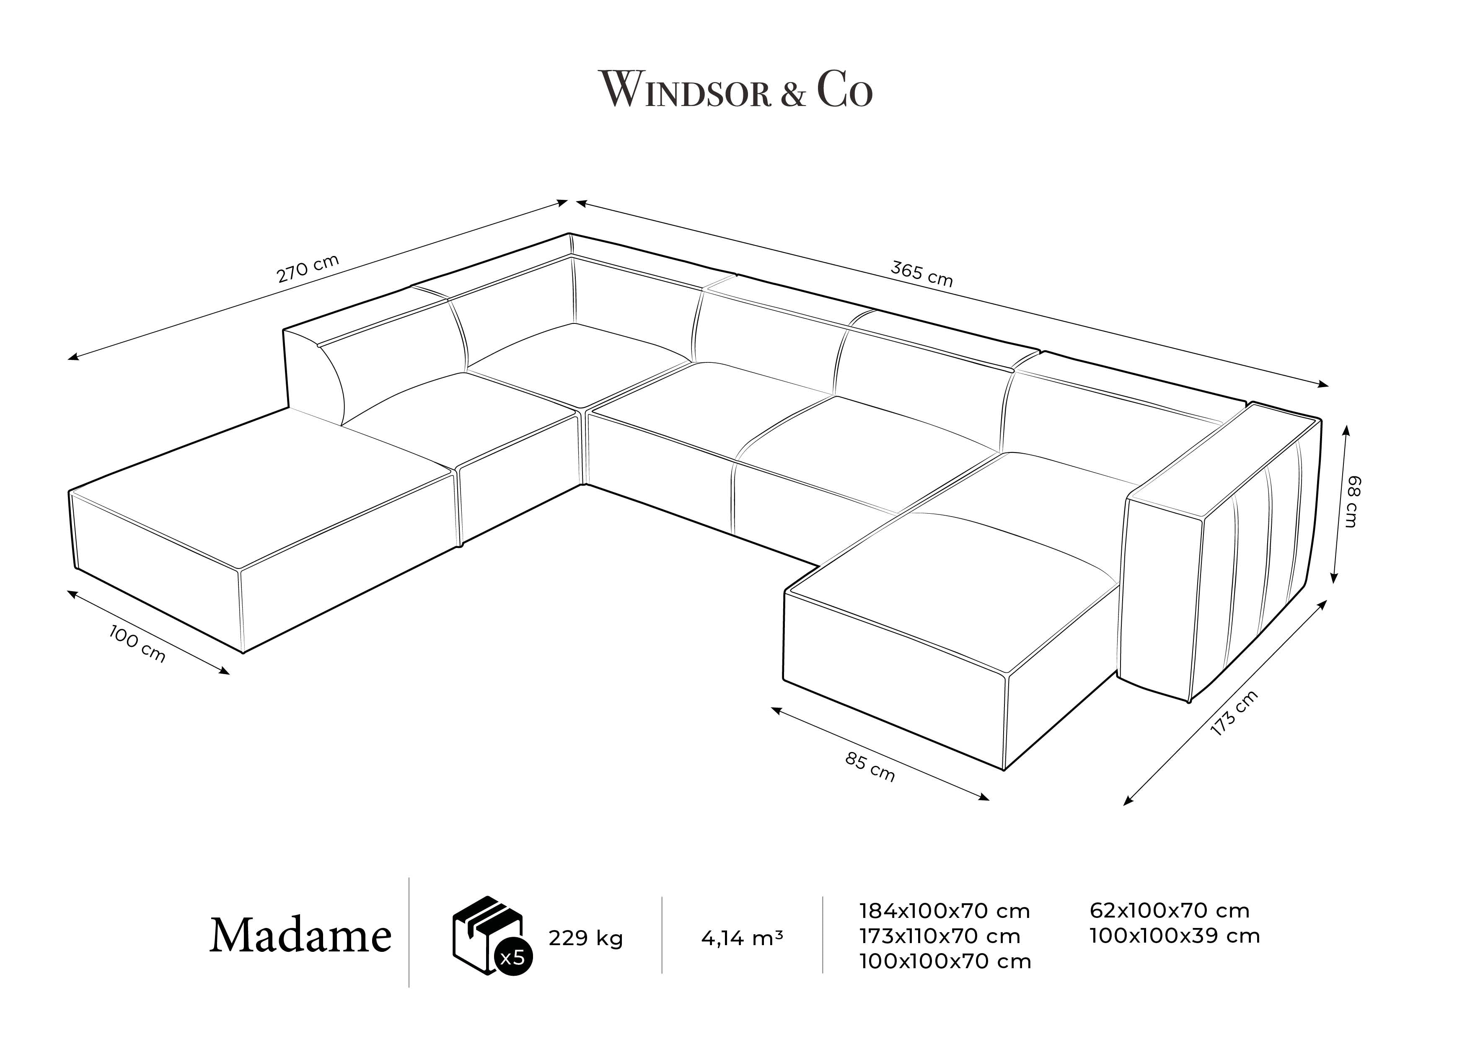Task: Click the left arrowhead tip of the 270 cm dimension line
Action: click(x=68, y=359)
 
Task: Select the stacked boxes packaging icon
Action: click(x=488, y=935)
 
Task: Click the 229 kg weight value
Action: click(x=585, y=938)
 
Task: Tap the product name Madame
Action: click(x=300, y=936)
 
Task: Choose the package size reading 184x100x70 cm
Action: click(x=945, y=910)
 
